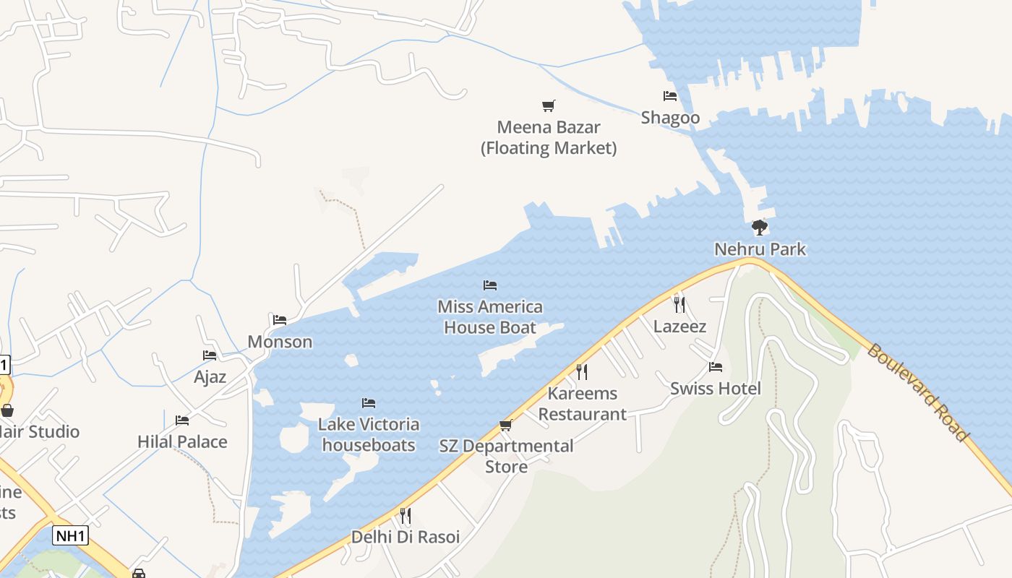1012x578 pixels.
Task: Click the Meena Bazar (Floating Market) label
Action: click(x=549, y=137)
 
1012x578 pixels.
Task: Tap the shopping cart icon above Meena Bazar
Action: click(x=549, y=106)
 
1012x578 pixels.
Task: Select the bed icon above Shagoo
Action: click(x=670, y=95)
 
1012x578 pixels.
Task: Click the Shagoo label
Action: click(x=670, y=118)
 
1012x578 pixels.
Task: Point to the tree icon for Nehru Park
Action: click(x=759, y=228)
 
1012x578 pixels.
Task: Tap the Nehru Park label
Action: click(x=760, y=249)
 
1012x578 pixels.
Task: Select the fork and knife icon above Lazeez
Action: click(x=679, y=304)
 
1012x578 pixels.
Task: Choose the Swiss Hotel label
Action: click(x=715, y=389)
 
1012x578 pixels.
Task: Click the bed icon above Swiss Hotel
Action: click(x=716, y=367)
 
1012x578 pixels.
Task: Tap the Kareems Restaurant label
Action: click(x=582, y=404)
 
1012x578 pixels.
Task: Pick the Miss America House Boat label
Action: click(x=490, y=317)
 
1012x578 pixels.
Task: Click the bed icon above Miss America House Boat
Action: click(x=490, y=285)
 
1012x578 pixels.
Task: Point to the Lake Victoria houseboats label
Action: click(x=369, y=434)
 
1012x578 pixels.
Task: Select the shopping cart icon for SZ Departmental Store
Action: click(x=506, y=425)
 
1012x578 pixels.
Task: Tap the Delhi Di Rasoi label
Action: click(x=406, y=538)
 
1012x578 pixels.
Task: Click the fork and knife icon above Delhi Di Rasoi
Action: click(x=406, y=516)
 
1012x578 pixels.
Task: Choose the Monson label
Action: click(x=280, y=342)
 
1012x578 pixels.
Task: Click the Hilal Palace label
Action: click(x=182, y=442)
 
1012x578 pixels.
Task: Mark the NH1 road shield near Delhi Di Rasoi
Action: click(x=71, y=536)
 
